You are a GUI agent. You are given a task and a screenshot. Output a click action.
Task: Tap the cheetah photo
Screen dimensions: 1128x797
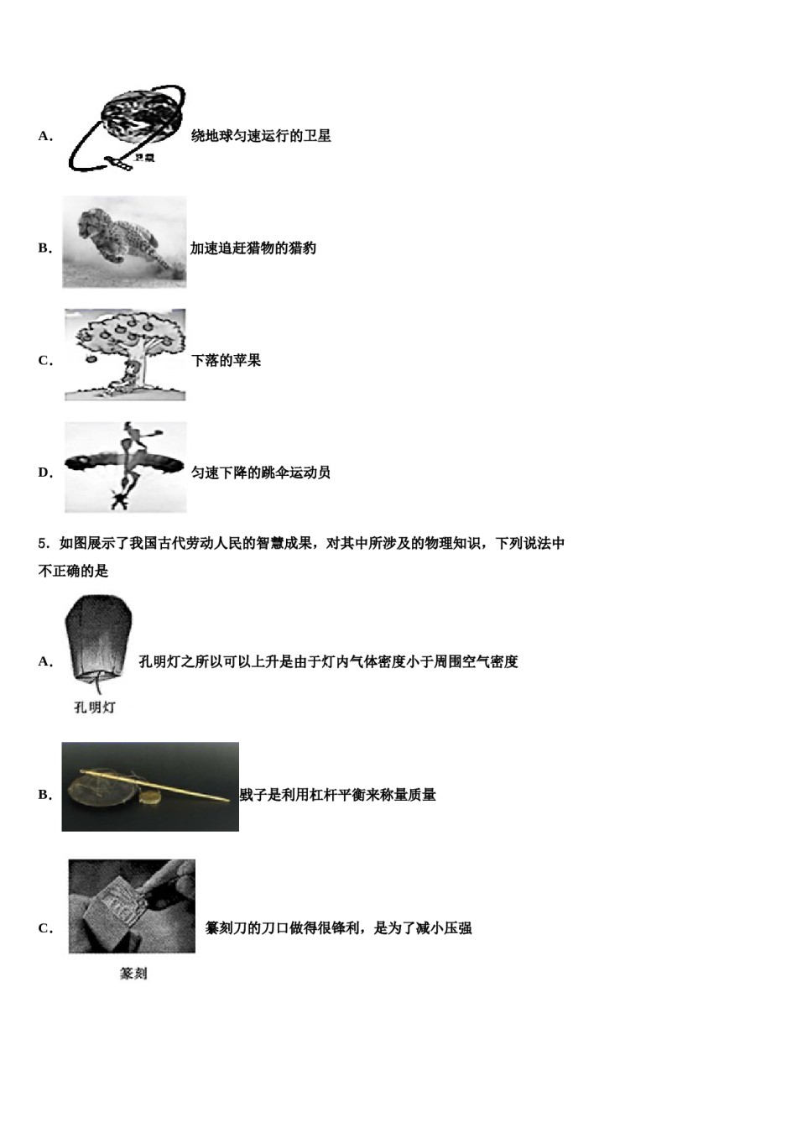[124, 242]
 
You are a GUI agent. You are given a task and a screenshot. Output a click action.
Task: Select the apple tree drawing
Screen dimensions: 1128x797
[125, 354]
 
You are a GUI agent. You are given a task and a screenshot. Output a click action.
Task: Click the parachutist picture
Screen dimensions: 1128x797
[125, 467]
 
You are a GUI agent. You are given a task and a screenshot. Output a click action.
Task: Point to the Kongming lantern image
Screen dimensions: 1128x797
[99, 638]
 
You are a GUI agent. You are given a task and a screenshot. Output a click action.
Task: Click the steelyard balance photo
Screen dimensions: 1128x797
[150, 786]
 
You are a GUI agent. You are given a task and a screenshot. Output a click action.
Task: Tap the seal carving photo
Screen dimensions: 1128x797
[132, 906]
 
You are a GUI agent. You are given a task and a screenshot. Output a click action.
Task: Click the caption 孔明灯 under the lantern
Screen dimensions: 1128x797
[95, 708]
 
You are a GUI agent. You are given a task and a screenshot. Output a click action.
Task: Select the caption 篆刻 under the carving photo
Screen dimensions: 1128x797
[133, 974]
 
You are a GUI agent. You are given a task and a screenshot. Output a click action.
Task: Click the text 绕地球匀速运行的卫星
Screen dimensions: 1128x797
[261, 136]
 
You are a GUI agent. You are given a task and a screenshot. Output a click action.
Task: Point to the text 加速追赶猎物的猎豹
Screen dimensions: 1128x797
[253, 248]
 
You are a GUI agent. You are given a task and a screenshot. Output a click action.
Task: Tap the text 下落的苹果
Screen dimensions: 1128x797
[226, 361]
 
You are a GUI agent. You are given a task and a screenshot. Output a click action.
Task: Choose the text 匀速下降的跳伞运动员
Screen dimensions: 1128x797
[261, 473]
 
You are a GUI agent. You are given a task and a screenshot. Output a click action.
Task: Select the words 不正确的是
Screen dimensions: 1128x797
[74, 572]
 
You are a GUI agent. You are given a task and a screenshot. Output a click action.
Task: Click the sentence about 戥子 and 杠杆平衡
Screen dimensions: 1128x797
[338, 795]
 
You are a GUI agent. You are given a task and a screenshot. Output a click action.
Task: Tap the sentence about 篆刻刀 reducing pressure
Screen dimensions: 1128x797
[338, 928]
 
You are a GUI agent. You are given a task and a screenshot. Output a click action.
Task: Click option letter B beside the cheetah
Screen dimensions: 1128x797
[44, 248]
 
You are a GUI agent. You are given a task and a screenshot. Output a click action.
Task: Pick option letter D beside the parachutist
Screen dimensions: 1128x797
[44, 473]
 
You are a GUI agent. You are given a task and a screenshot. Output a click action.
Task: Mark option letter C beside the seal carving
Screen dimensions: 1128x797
[44, 928]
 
